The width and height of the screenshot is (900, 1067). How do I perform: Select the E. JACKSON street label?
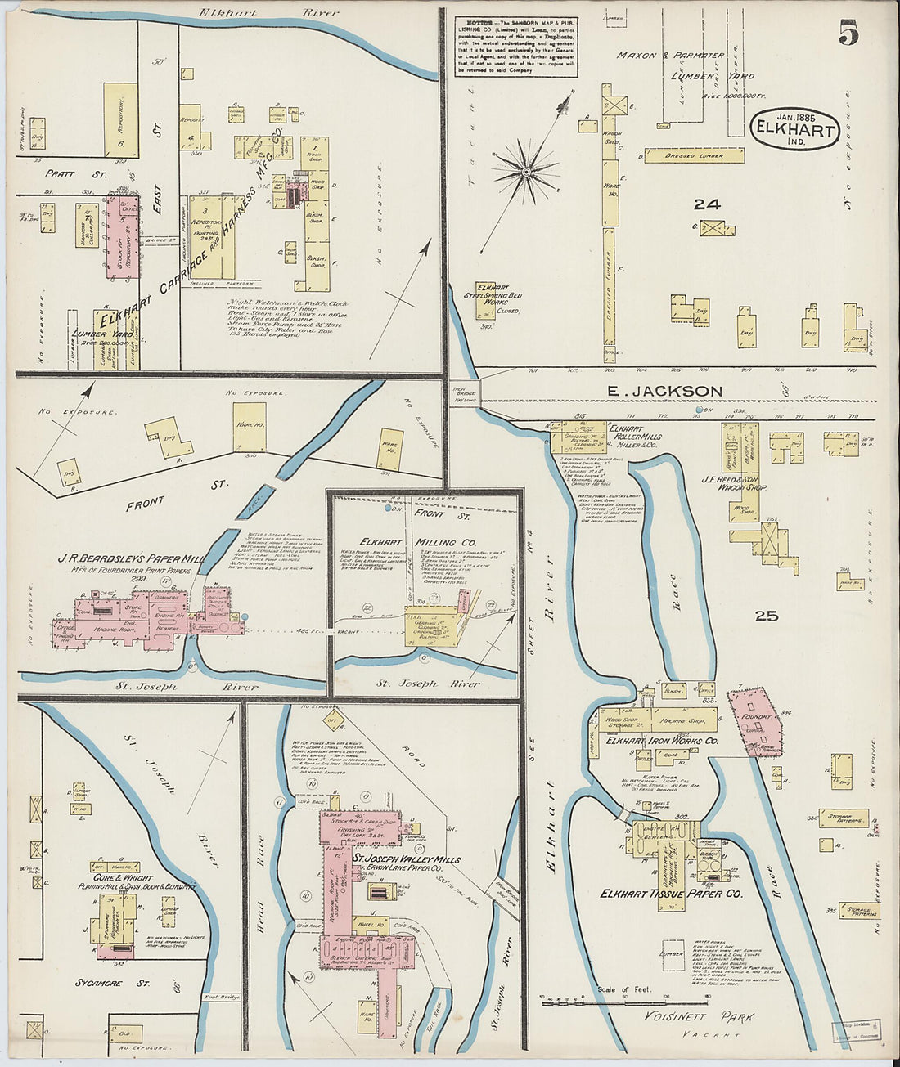(x=666, y=392)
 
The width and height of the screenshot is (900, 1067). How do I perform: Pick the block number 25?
(x=766, y=616)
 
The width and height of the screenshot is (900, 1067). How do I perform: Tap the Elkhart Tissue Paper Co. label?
(x=671, y=894)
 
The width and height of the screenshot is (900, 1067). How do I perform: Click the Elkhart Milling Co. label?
(x=417, y=542)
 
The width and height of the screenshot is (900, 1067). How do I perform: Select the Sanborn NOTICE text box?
(x=515, y=47)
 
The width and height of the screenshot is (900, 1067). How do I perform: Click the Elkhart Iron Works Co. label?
(x=662, y=740)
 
